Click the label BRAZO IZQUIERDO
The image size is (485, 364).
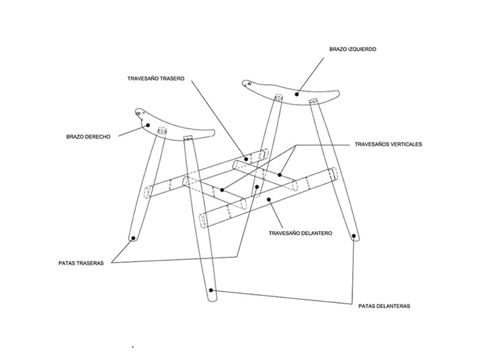[x=353, y=49]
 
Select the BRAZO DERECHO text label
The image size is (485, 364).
[x=89, y=137]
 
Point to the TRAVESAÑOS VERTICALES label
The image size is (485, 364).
[x=387, y=144]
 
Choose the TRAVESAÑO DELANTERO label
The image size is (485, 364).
[x=300, y=233]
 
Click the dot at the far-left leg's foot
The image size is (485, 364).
[x=134, y=238]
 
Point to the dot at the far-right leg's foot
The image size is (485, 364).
[x=354, y=237]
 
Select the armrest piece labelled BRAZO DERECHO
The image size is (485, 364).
[x=177, y=128]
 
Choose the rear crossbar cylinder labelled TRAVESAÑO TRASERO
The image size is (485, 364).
[x=251, y=156]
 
